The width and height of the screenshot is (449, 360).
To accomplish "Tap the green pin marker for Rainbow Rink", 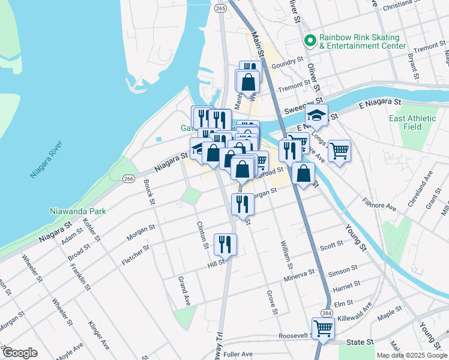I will (x=310, y=41).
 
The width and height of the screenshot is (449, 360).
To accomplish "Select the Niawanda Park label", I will (x=78, y=211).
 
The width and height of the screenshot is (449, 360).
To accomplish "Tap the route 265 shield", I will (x=220, y=8).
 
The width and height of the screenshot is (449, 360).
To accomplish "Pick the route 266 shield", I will (x=128, y=179).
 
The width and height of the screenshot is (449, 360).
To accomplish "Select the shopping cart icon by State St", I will (x=323, y=328).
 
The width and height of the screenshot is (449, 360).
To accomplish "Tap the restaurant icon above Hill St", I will (x=225, y=243).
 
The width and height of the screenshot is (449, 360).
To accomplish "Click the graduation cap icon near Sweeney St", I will (x=316, y=114).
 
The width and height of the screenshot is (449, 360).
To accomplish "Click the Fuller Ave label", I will (x=238, y=354).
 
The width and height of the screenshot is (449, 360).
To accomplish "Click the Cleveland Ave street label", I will (x=420, y=190).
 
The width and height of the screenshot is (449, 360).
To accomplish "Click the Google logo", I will (x=20, y=352).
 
